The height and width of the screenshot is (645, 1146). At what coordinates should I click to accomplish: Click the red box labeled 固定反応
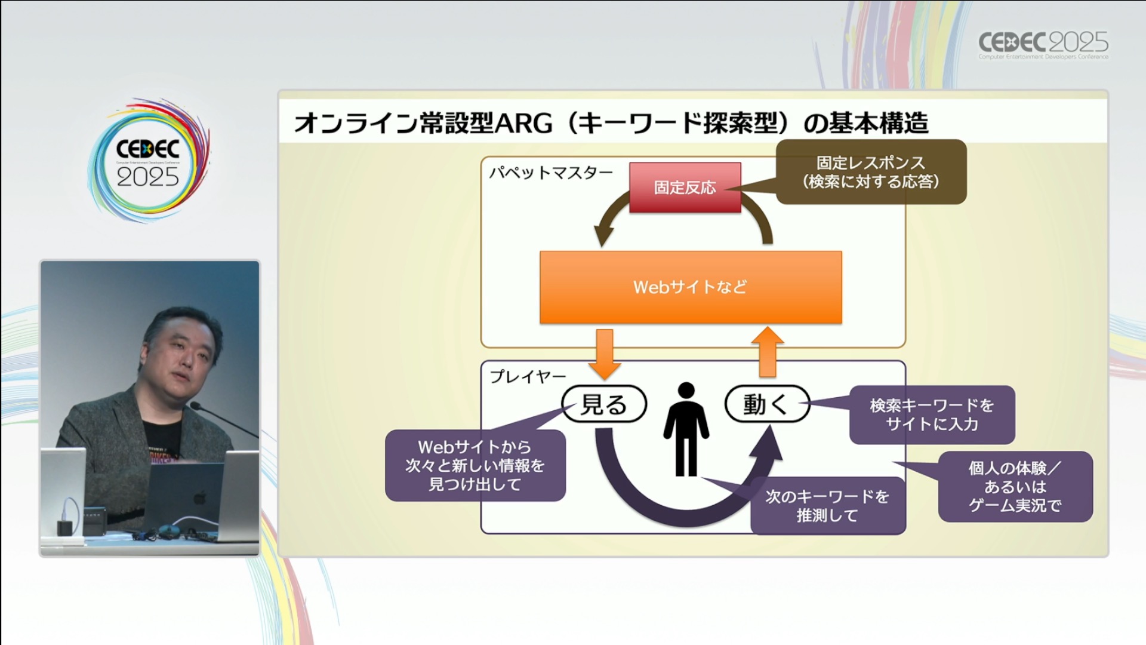(x=685, y=188)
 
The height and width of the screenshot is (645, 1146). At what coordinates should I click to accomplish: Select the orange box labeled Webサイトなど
(x=691, y=287)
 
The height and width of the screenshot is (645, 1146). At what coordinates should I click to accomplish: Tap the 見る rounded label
(x=604, y=404)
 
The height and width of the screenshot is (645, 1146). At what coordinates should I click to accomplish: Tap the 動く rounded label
(x=766, y=404)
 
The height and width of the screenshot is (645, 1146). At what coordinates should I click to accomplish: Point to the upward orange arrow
(x=767, y=352)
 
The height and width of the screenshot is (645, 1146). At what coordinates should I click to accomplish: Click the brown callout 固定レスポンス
(x=870, y=172)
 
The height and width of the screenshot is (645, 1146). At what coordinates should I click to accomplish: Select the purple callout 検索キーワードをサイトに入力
(x=931, y=414)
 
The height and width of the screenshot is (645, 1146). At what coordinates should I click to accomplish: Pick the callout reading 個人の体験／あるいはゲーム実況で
(x=1015, y=487)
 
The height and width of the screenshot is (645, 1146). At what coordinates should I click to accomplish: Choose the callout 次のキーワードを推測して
(x=827, y=505)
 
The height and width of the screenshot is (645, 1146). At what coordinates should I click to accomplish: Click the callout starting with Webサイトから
(x=475, y=465)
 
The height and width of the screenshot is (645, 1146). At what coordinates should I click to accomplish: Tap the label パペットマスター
(x=550, y=173)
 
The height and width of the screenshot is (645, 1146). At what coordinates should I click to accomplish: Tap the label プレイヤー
(x=528, y=377)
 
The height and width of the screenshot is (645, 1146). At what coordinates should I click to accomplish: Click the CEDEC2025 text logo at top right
(x=1043, y=44)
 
